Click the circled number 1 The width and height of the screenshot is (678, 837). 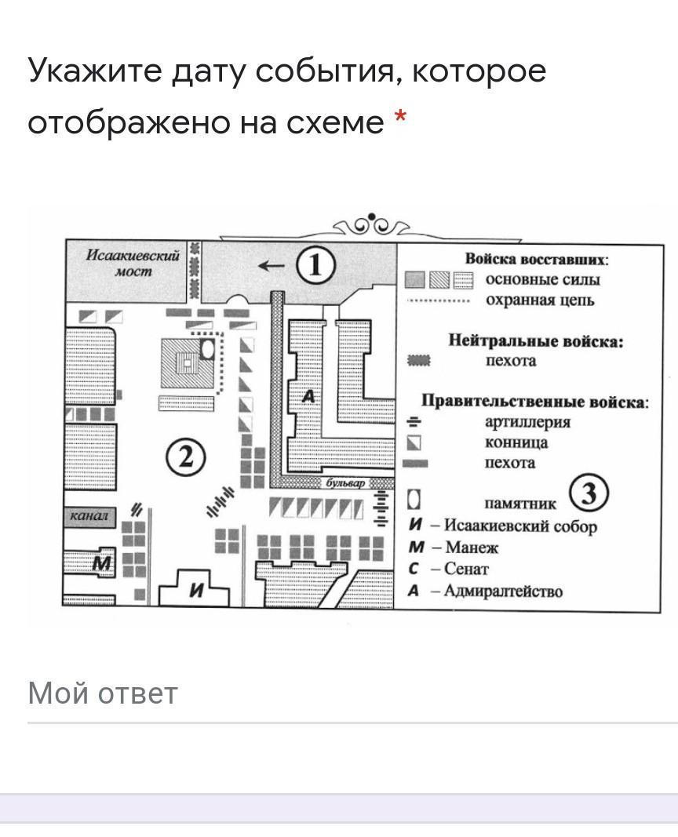click(315, 265)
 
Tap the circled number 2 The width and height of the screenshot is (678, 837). click(185, 457)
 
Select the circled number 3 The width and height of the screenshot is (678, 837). click(589, 492)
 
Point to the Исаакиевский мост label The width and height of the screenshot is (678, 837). click(133, 263)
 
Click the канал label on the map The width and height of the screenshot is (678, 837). click(89, 515)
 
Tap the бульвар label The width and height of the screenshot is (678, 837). click(345, 483)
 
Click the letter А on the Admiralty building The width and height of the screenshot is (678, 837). click(309, 396)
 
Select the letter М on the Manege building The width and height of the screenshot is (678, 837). click(102, 563)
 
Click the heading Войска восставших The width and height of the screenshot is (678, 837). click(537, 260)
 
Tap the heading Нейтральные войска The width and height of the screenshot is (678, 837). click(535, 340)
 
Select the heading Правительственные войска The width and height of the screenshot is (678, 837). click(535, 402)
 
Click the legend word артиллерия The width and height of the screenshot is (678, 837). click(527, 422)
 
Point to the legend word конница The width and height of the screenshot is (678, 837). click(516, 442)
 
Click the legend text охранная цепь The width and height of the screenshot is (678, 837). click(540, 300)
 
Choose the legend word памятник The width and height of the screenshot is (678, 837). click(520, 504)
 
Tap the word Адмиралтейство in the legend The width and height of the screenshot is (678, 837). click(503, 591)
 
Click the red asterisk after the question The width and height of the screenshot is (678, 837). click(400, 117)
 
